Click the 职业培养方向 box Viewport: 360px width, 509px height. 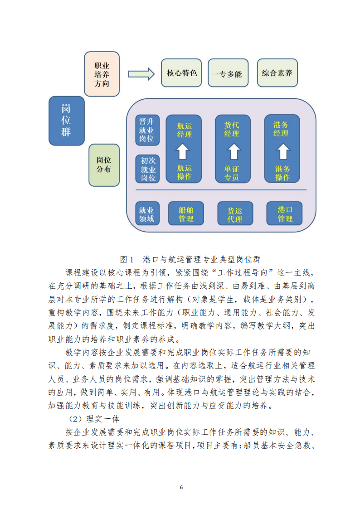click(102, 74)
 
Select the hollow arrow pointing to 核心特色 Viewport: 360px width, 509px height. click(141, 74)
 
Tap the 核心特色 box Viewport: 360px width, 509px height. click(181, 73)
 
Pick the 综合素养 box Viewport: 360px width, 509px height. click(277, 73)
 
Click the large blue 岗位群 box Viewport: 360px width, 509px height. click(67, 121)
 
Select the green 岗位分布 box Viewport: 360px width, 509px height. click(104, 165)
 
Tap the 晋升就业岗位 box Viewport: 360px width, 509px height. click(147, 130)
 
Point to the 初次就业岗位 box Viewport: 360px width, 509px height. click(148, 169)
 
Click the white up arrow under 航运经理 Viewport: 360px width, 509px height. click(182, 151)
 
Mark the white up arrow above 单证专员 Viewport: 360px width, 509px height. click(234, 151)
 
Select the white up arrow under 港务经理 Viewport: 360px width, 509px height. click(283, 151)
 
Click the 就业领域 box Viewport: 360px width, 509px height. click(147, 213)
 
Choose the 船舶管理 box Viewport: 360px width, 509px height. click(186, 213)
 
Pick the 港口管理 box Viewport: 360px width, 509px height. click(284, 213)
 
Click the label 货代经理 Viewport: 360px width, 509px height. click(232, 129)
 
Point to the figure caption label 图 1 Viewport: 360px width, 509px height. click(126, 259)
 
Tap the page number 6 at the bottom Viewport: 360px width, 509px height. click(181, 487)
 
